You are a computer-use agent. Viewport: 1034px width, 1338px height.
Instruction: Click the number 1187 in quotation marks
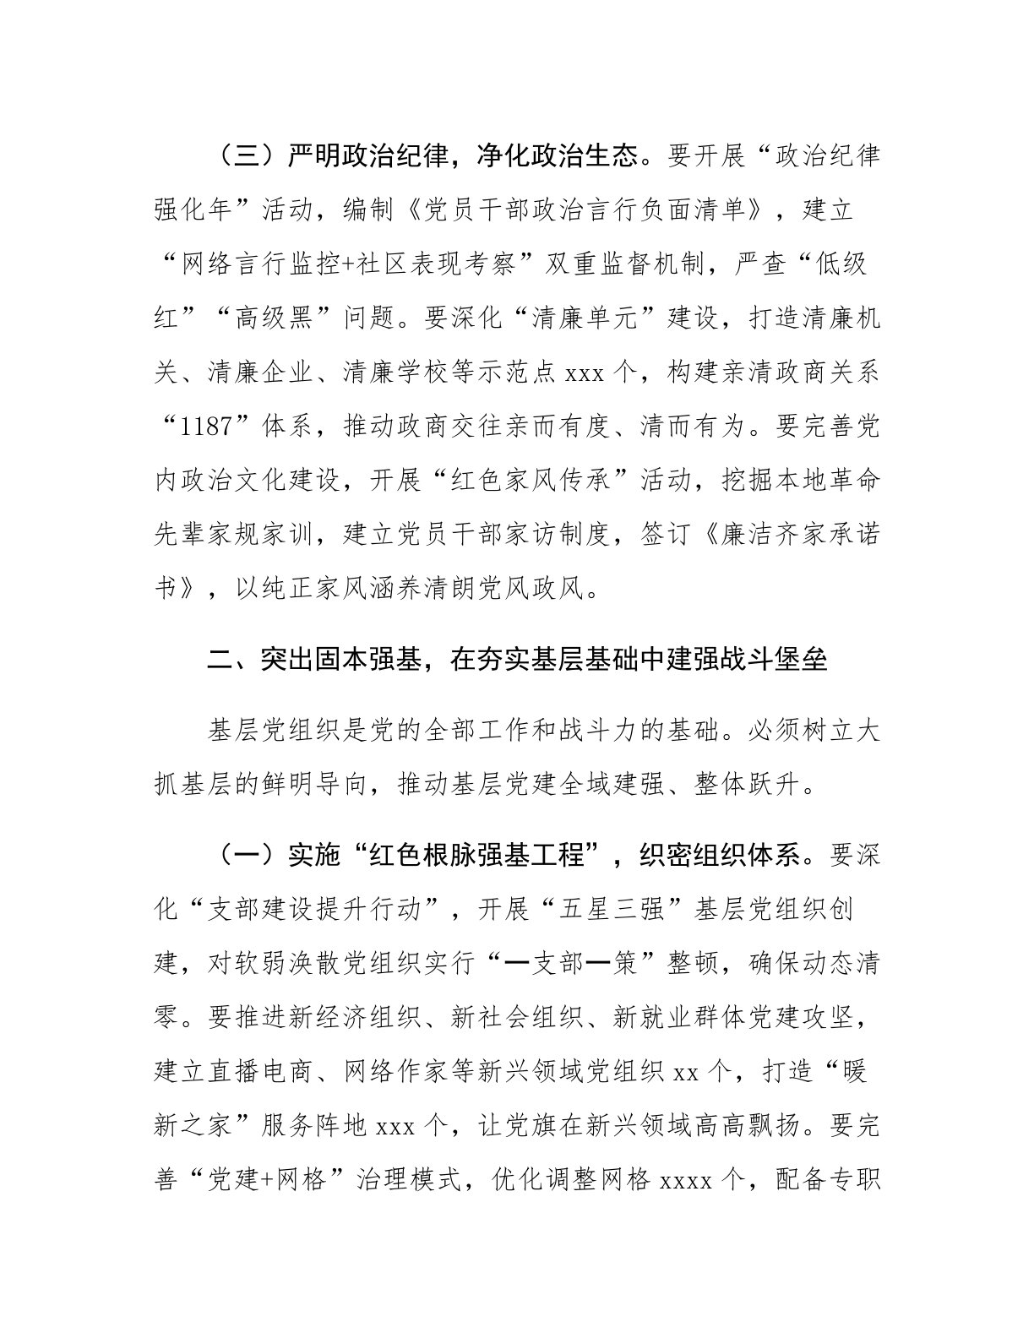point(207,426)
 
